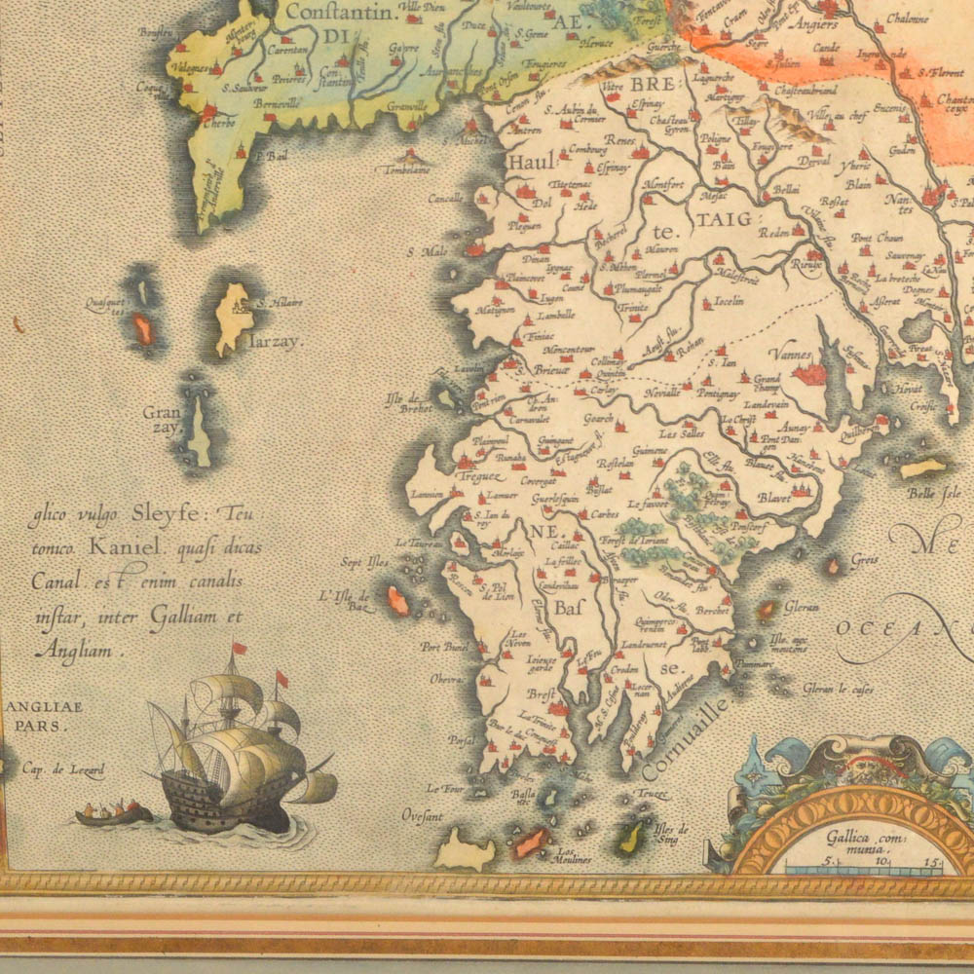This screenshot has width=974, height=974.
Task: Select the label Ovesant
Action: (x=422, y=816)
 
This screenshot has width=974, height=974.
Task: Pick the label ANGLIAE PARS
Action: (x=45, y=716)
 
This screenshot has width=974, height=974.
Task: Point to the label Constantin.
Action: (x=332, y=14)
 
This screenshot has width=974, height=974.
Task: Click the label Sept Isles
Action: (x=364, y=562)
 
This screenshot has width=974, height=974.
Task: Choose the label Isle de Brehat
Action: (x=408, y=402)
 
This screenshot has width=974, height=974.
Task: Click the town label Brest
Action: (x=541, y=695)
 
